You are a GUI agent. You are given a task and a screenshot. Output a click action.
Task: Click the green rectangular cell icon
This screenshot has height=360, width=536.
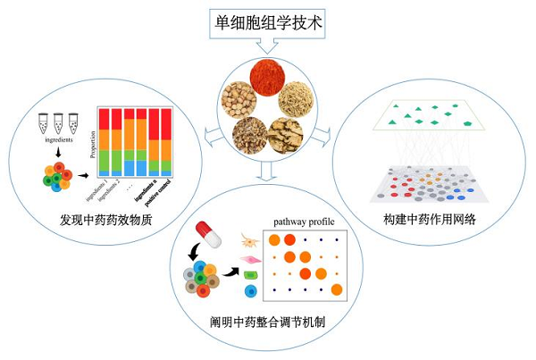pyautogui.click(x=251, y=274)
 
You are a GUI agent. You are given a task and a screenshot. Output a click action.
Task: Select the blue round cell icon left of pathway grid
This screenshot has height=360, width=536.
pyautogui.click(x=251, y=293)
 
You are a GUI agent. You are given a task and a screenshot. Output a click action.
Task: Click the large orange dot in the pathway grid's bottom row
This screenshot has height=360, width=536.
pyautogui.click(x=336, y=289)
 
